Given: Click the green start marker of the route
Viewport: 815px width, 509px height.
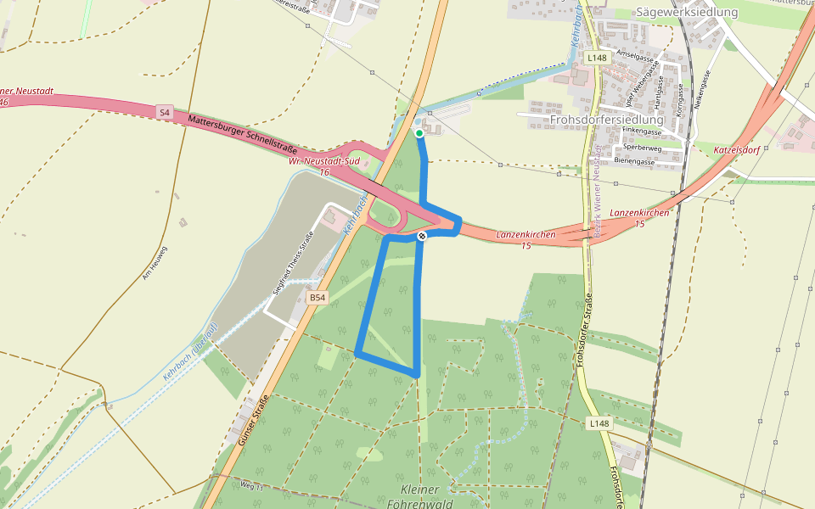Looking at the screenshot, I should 419,133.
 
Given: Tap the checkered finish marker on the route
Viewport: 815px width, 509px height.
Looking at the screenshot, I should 421,236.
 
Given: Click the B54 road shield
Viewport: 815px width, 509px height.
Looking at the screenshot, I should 317,298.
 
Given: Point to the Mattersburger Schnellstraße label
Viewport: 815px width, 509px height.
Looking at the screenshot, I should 242,133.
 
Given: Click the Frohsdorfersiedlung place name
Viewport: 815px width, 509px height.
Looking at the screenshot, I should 606,120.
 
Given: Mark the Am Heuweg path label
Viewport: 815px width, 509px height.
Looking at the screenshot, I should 161,264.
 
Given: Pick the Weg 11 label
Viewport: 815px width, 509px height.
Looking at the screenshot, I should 253,486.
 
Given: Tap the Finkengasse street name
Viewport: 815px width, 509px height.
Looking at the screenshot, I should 643,132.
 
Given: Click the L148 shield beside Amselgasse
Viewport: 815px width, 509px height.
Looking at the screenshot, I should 597,58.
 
